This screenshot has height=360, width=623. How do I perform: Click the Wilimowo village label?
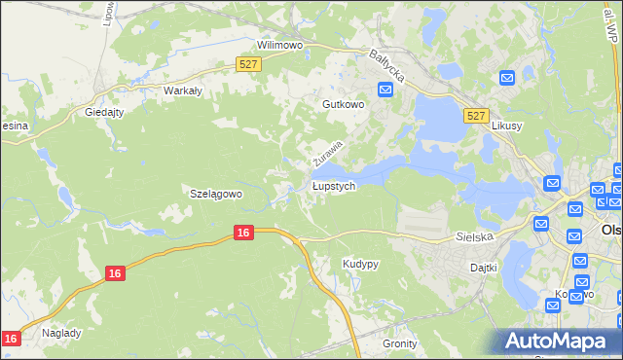tap(280, 45)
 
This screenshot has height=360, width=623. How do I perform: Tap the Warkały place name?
tap(182, 90)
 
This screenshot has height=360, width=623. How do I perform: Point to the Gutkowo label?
tap(343, 103)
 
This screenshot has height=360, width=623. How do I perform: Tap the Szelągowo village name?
tap(215, 194)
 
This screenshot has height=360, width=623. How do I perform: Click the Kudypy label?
tap(360, 264)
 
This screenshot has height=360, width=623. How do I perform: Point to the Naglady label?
tap(61, 332)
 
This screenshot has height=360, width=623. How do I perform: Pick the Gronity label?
tap(400, 343)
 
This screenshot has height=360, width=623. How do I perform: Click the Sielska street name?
tap(476, 236)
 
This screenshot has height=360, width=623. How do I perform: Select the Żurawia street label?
tap(328, 152)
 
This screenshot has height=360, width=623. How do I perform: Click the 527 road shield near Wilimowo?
tap(248, 64)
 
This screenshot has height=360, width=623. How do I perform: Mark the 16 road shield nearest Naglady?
tap(11, 339)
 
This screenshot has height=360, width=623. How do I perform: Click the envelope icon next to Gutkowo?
tap(385, 90)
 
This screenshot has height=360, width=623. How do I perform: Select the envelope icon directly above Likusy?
tap(507, 78)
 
